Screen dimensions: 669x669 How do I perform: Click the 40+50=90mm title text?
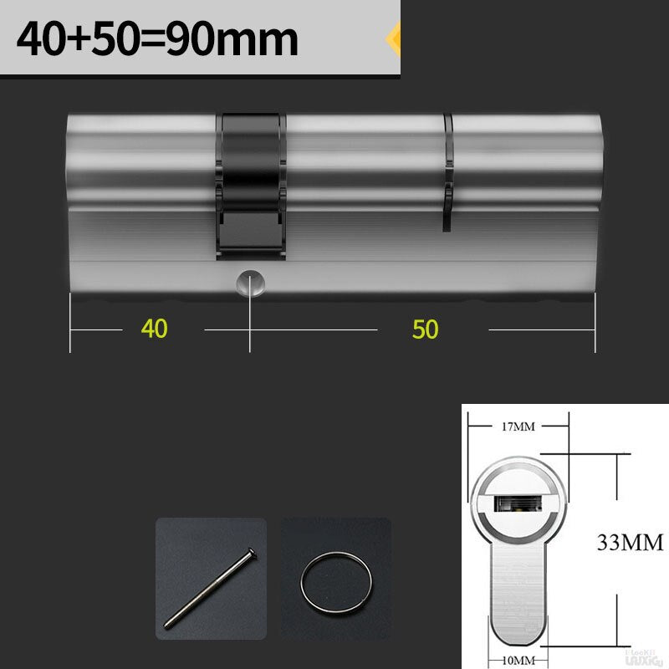tap(157, 39)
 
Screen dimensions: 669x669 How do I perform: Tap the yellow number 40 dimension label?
tap(154, 329)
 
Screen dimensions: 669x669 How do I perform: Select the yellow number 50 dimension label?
tap(425, 329)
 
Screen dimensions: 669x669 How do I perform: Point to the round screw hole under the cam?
tap(248, 282)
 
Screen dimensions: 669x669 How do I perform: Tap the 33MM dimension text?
tap(630, 544)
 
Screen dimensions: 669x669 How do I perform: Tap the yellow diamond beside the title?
tap(393, 38)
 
